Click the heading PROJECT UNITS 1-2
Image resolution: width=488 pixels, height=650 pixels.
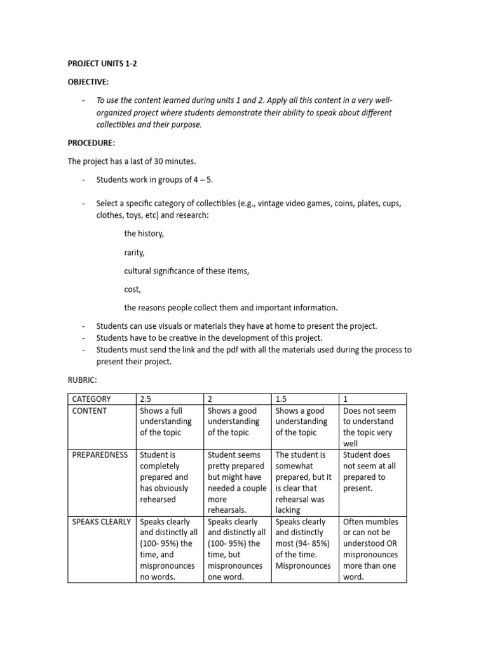pyautogui.click(x=102, y=64)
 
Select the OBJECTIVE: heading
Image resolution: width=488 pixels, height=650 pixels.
pyautogui.click(x=88, y=82)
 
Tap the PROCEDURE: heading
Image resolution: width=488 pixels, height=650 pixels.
pyautogui.click(x=91, y=143)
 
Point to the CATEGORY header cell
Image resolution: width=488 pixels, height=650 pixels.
pyautogui.click(x=91, y=399)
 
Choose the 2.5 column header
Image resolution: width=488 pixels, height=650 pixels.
pyautogui.click(x=146, y=399)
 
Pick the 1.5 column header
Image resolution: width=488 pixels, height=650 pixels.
pyautogui.click(x=281, y=399)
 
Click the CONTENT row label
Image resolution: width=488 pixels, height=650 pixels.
pyautogui.click(x=90, y=411)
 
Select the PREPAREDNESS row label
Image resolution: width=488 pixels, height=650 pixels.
pyautogui.click(x=99, y=454)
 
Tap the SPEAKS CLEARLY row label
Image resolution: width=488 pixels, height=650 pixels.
pyautogui.click(x=102, y=522)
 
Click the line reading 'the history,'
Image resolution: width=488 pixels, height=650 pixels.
pyautogui.click(x=144, y=234)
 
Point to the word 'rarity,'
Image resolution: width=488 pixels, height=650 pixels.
pyautogui.click(x=135, y=253)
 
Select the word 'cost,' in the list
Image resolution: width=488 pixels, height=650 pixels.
pyautogui.click(x=132, y=289)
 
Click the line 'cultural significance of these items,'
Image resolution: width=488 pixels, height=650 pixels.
pyautogui.click(x=187, y=271)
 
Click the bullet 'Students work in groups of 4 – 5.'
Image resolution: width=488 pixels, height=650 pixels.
pyautogui.click(x=154, y=180)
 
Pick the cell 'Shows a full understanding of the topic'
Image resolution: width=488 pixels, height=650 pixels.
pyautogui.click(x=169, y=421)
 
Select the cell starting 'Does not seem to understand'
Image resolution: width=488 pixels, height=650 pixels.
pyautogui.click(x=372, y=427)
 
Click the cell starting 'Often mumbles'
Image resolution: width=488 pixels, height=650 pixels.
pyautogui.click(x=372, y=549)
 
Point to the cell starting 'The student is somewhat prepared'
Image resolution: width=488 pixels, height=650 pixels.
pyautogui.click(x=304, y=482)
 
